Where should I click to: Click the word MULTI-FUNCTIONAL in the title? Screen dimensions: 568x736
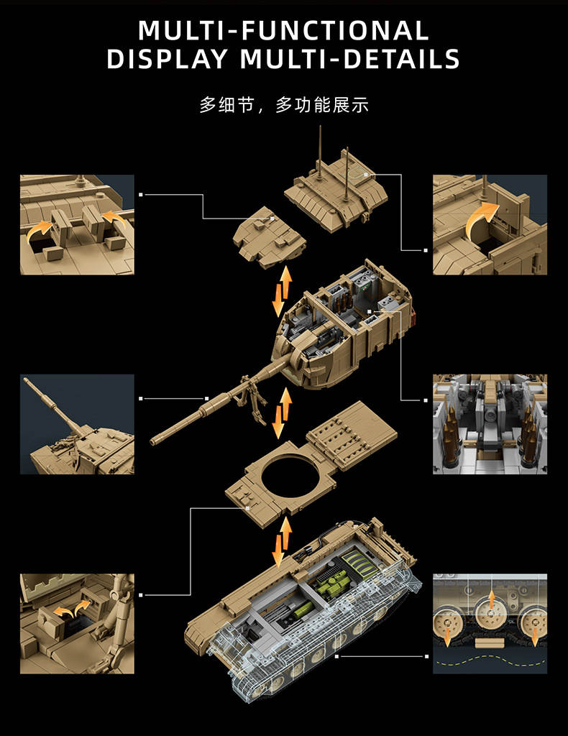(283, 30)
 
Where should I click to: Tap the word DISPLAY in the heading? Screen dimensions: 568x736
(167, 59)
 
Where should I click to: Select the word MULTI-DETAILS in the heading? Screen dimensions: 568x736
(349, 59)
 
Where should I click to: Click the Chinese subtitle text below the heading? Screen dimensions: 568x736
(284, 105)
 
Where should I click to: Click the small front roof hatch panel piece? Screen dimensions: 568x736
(269, 237)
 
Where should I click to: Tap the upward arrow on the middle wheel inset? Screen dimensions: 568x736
(491, 600)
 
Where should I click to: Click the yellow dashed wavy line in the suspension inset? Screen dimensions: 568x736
(490, 661)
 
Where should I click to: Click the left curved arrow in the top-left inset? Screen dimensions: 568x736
(39, 230)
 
